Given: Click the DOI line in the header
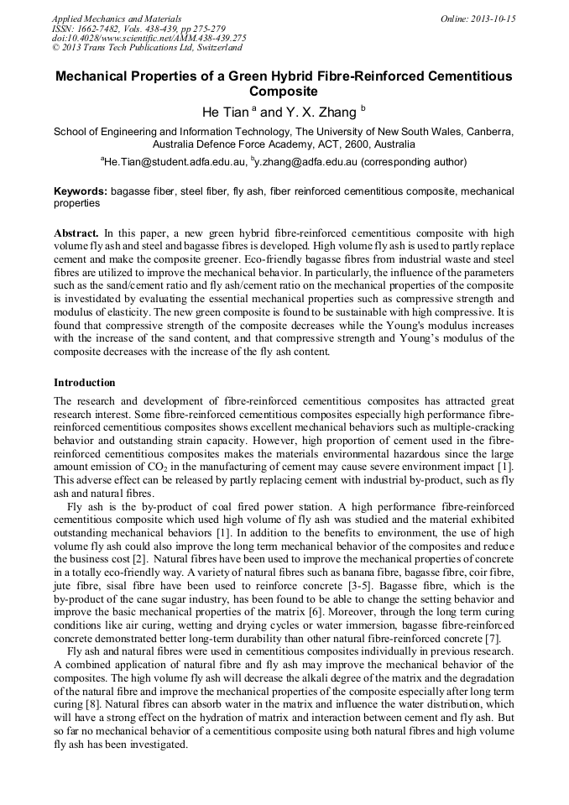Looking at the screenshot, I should pyautogui.click(x=149, y=38).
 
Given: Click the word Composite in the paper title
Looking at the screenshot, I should pyautogui.click(x=284, y=91).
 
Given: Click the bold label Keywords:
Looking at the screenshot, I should pyautogui.click(x=81, y=191).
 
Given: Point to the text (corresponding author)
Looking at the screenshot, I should pyautogui.click(x=415, y=161).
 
